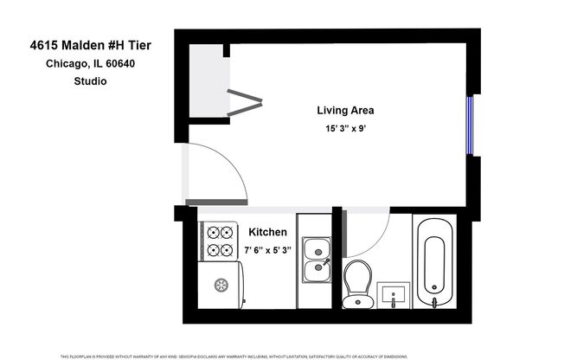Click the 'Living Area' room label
[344, 111]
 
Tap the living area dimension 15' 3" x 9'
[344, 129]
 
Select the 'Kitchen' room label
[267, 233]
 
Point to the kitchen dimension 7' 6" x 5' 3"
[267, 250]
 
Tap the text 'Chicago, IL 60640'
[91, 65]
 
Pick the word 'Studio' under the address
[91, 82]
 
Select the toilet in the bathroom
[357, 283]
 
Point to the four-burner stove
[220, 241]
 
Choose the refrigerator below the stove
[220, 283]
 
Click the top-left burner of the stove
[213, 232]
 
